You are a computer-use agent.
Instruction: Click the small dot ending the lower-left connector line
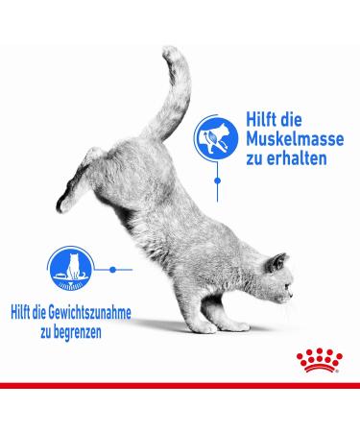[116, 271]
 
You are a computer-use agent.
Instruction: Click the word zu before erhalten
[253, 163]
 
